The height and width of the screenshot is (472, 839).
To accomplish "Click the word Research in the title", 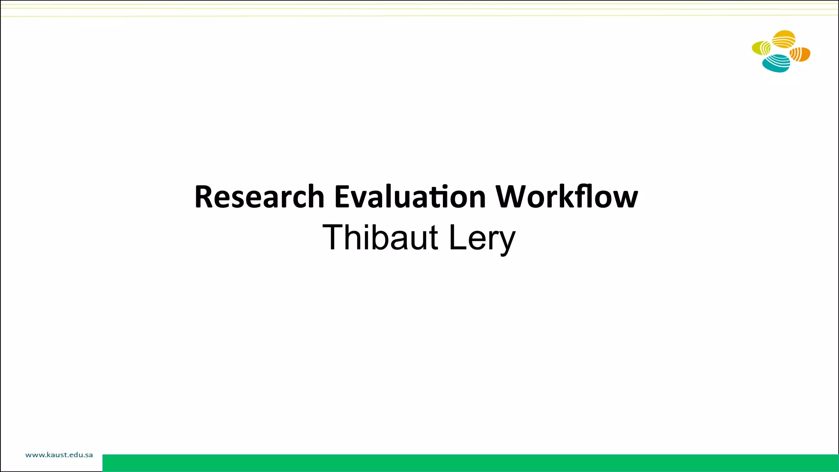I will pos(259,197).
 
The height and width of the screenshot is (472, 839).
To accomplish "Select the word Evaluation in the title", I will pos(410,197).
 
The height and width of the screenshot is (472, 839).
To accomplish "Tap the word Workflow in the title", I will pos(567,197).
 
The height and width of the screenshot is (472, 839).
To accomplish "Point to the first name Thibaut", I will pos(380,238).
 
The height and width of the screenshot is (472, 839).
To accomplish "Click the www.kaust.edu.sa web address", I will pos(59,455).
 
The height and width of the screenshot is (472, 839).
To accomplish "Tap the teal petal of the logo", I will pos(776,64).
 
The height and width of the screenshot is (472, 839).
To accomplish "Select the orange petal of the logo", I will pos(800,54).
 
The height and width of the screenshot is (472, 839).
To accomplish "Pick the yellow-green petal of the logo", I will pos(761,48).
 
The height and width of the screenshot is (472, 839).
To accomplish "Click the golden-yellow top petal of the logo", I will pos(784,39).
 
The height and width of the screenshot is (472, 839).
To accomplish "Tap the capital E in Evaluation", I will pos(342,197).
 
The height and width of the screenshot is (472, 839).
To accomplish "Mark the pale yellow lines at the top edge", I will pos(419,9).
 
